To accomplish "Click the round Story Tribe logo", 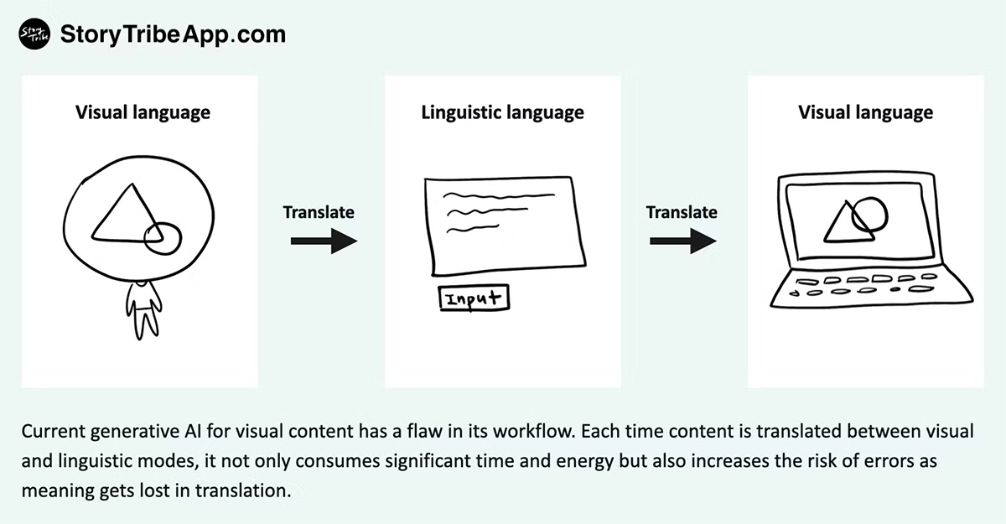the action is [x=32, y=34].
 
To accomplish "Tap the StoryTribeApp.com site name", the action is [x=173, y=34].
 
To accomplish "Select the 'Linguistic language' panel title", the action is [x=502, y=112].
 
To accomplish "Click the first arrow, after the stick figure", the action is [x=324, y=242].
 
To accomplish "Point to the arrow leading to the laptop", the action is [x=682, y=242].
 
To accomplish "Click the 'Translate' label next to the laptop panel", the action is [x=682, y=212].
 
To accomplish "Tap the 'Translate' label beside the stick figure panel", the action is [x=319, y=212].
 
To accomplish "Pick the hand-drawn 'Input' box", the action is [x=474, y=298].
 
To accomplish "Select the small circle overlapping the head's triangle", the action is [x=163, y=238].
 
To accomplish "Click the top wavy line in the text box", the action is [x=499, y=197].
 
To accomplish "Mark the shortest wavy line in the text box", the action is [x=467, y=228].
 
